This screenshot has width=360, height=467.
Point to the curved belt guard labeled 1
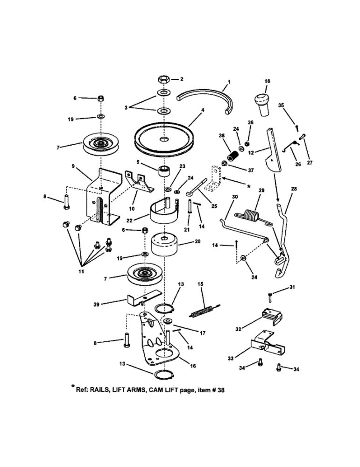tap(205, 96)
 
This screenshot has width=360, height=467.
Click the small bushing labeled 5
tap(163, 170)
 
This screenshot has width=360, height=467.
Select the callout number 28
tap(294, 189)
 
